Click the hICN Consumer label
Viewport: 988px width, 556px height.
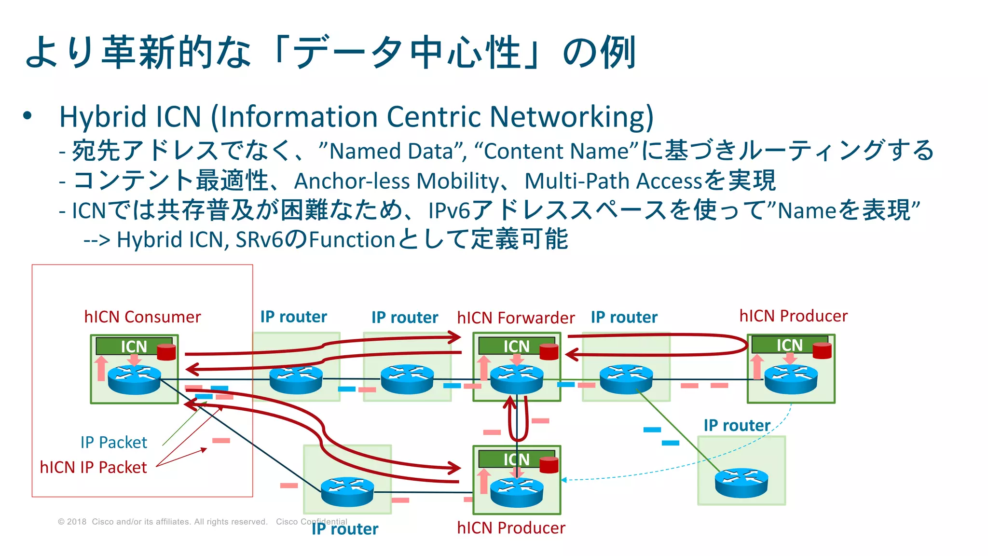coord(142,317)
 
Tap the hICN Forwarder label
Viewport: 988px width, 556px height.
coord(516,318)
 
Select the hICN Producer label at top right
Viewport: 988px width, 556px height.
coord(793,316)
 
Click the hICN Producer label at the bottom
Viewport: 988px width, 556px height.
coord(511,528)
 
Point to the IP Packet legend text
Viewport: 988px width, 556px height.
coord(113,443)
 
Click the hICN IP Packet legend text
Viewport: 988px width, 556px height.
coord(93,468)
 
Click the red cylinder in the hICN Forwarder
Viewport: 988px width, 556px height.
coord(549,352)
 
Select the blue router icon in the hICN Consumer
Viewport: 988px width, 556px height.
coord(134,379)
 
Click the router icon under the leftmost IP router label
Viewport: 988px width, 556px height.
coord(296,380)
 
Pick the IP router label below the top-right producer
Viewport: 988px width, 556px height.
coord(736,426)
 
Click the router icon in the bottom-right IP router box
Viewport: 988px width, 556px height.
coord(741,483)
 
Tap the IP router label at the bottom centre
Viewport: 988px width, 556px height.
coord(344,529)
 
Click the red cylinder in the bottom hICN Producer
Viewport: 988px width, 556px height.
coord(549,465)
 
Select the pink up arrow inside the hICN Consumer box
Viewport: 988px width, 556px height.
coord(101,369)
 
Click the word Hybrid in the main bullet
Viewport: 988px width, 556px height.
coord(103,117)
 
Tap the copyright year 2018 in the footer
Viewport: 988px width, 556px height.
coord(77,522)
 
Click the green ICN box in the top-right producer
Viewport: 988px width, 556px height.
coord(784,345)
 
